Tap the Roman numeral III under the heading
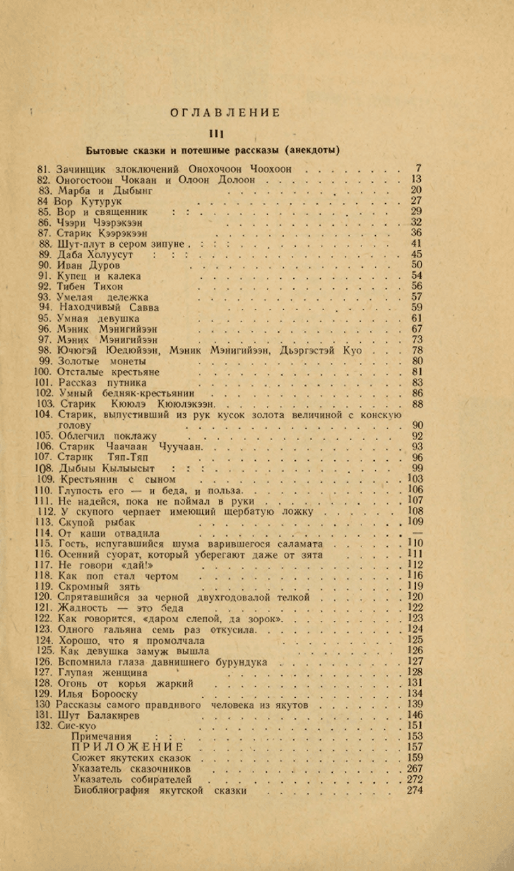coord(216,133)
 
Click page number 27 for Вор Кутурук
coord(416,201)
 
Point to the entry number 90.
coord(44,265)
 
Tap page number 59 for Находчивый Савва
coord(416,308)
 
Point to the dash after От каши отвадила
coord(416,533)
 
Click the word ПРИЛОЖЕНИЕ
coord(128,747)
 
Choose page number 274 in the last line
coord(415,790)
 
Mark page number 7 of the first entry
coord(418,169)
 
